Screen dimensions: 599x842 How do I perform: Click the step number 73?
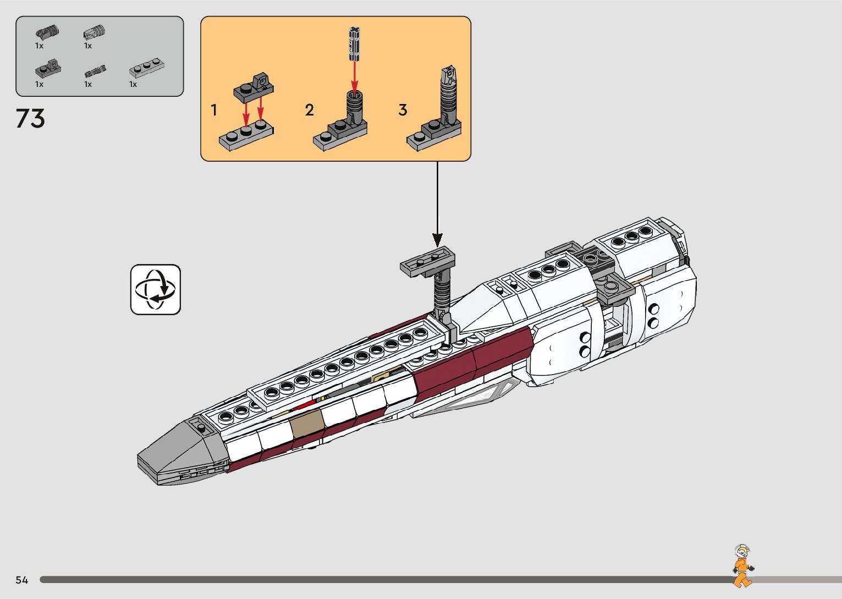coord(30,118)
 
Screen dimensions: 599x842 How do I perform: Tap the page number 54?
coord(21,580)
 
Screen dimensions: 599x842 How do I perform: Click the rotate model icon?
coord(156,289)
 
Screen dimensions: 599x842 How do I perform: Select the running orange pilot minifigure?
coord(742,566)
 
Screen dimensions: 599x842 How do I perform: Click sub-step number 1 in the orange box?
coord(214,111)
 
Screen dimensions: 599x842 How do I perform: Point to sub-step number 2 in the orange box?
coord(309,111)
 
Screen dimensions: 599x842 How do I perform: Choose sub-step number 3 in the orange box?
coord(403,111)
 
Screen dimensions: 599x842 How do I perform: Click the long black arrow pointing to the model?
coord(437,204)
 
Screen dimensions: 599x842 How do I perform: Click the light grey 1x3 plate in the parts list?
coord(147,69)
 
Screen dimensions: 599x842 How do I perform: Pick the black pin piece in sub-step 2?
coord(355,44)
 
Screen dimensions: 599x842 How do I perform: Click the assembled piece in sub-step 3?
coord(437,116)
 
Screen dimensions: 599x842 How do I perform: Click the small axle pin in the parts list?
coord(95,72)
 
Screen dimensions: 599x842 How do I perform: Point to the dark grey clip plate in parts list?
coord(48,68)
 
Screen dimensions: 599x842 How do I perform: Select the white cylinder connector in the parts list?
coord(94,32)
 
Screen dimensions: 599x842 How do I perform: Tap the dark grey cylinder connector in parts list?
coord(47,32)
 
